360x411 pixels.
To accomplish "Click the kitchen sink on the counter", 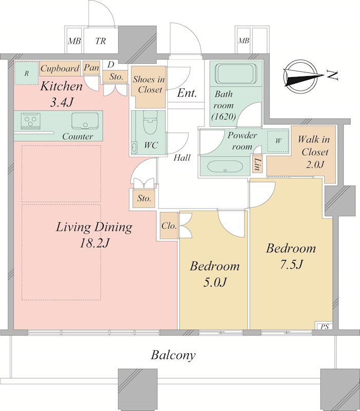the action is [x=85, y=121].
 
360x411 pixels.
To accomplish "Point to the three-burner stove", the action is [x=31, y=121].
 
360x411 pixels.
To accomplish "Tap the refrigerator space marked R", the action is [x=26, y=73].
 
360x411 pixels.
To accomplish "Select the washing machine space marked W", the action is [x=278, y=141].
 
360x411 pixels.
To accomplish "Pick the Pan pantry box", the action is [x=91, y=68].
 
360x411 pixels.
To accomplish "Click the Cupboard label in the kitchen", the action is [x=60, y=68].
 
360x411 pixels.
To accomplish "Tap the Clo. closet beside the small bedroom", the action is [x=168, y=226].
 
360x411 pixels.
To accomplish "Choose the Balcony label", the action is [x=173, y=355].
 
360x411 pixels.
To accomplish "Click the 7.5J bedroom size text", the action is [x=291, y=265].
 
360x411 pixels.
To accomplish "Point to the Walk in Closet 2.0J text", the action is [x=313, y=152].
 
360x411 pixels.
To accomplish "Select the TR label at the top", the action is [x=101, y=41].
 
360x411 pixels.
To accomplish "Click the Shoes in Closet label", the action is [x=148, y=84].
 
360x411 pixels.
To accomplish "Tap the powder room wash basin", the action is [x=225, y=166].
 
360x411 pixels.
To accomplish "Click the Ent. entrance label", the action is [x=186, y=94].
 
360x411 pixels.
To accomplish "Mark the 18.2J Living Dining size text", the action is [x=94, y=244].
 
